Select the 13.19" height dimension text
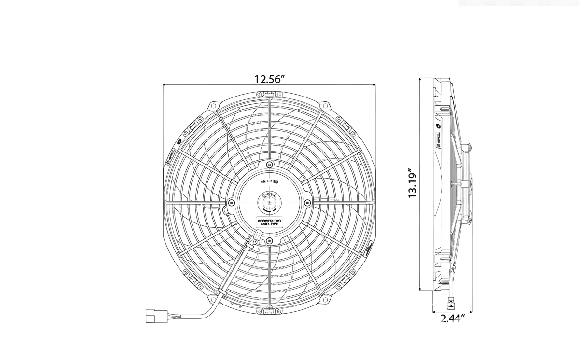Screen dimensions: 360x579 [x=413, y=184]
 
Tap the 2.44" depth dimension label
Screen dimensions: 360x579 [x=452, y=318]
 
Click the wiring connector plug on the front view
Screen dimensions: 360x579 [x=156, y=317]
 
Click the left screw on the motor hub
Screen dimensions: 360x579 [x=232, y=202]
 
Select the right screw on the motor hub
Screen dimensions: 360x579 [x=307, y=202]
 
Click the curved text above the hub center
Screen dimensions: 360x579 [x=269, y=181]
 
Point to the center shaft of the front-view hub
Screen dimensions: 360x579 [x=269, y=203]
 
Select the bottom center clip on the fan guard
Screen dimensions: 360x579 [x=269, y=309]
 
